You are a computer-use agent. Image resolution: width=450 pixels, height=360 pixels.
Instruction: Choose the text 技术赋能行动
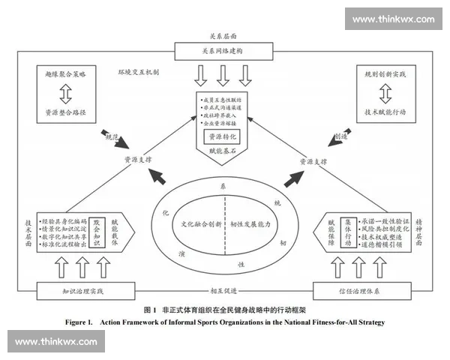coord(384,113)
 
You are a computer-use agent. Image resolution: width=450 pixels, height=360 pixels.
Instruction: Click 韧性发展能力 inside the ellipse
coord(250,224)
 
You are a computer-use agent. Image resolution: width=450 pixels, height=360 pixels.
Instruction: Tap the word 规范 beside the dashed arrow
coord(111,136)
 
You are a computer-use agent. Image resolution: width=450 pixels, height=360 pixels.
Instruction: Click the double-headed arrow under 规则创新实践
coord(384,93)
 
